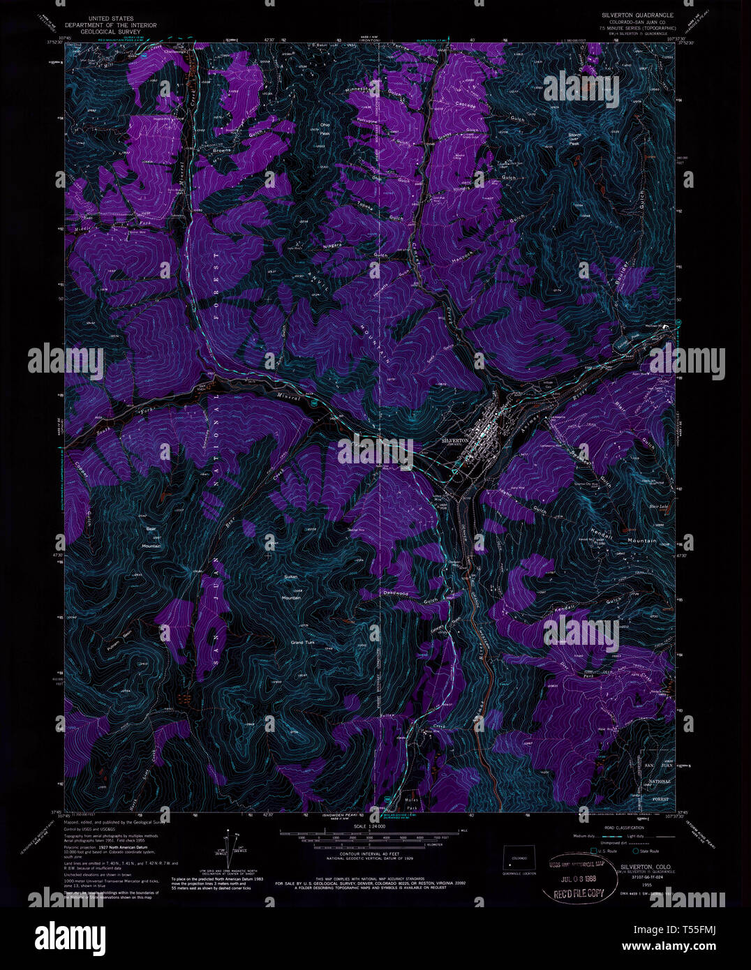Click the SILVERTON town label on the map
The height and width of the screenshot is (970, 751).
pyautogui.click(x=458, y=441)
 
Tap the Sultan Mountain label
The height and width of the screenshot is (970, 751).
pyautogui.click(x=292, y=587)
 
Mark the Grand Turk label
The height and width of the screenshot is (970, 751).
pyautogui.click(x=304, y=642)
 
